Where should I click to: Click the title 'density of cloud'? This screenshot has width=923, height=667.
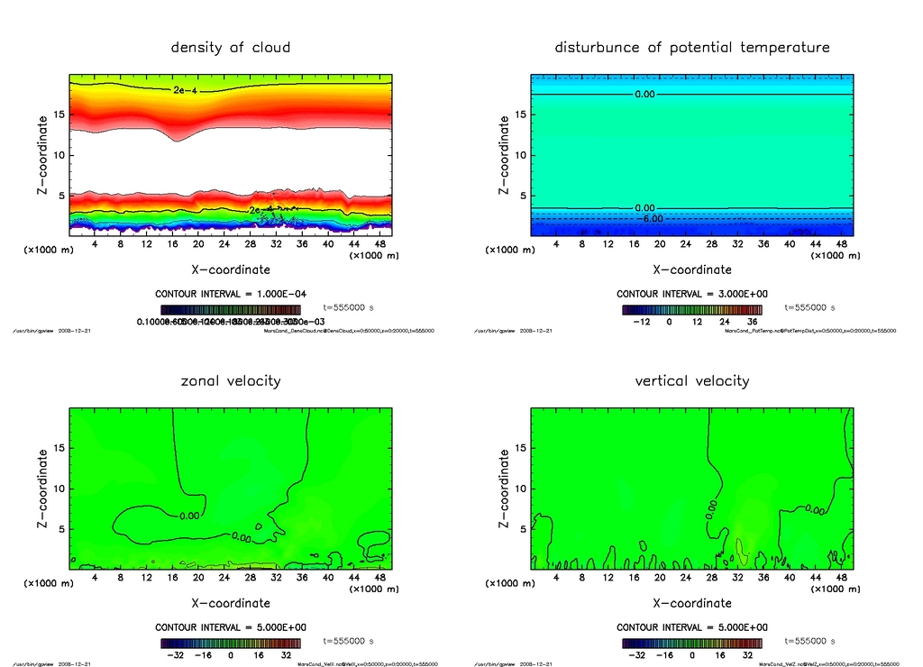[x=231, y=47]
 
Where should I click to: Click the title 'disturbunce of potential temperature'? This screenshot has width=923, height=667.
[x=692, y=47]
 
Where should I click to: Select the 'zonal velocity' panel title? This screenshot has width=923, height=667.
[x=231, y=380]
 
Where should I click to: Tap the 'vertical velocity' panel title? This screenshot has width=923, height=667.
[x=692, y=380]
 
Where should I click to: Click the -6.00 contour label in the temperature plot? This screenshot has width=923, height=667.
[x=651, y=218]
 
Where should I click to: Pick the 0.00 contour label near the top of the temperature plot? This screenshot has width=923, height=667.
[x=644, y=94]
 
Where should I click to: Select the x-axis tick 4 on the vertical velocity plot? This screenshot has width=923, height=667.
[x=556, y=578]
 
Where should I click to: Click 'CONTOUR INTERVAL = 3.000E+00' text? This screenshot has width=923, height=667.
[x=692, y=294]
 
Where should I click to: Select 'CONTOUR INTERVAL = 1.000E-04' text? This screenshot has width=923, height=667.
[x=231, y=294]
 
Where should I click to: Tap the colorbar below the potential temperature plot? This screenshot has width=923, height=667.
[x=692, y=309]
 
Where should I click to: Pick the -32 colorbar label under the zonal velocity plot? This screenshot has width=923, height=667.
[x=173, y=655]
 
